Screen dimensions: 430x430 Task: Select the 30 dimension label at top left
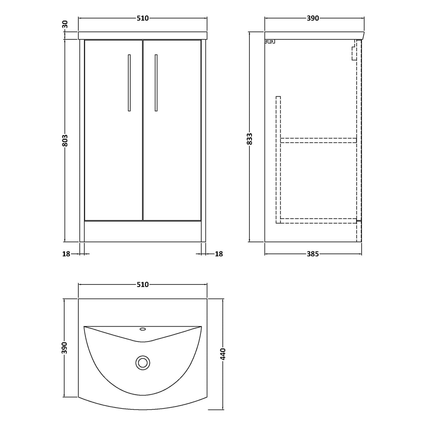pyautogui.click(x=64, y=25)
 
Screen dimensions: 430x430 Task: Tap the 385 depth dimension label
pyautogui.click(x=313, y=254)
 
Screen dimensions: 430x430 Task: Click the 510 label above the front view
pyautogui.click(x=142, y=18)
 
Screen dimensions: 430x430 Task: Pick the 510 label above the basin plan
pyautogui.click(x=142, y=284)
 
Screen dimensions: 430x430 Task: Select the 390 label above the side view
pyautogui.click(x=313, y=18)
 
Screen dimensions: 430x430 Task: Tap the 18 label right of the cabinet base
pyautogui.click(x=219, y=254)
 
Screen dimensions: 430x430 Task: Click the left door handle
pyautogui.click(x=129, y=83)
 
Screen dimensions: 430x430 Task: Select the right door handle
pyautogui.click(x=156, y=83)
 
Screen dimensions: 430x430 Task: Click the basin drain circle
pyautogui.click(x=143, y=362)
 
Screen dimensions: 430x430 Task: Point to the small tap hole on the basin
pyautogui.click(x=143, y=329)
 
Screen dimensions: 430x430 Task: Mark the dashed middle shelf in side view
pyautogui.click(x=318, y=140)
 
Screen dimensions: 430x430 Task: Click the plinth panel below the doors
pyautogui.click(x=143, y=231)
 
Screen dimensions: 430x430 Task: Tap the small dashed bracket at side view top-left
pyautogui.click(x=270, y=41)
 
